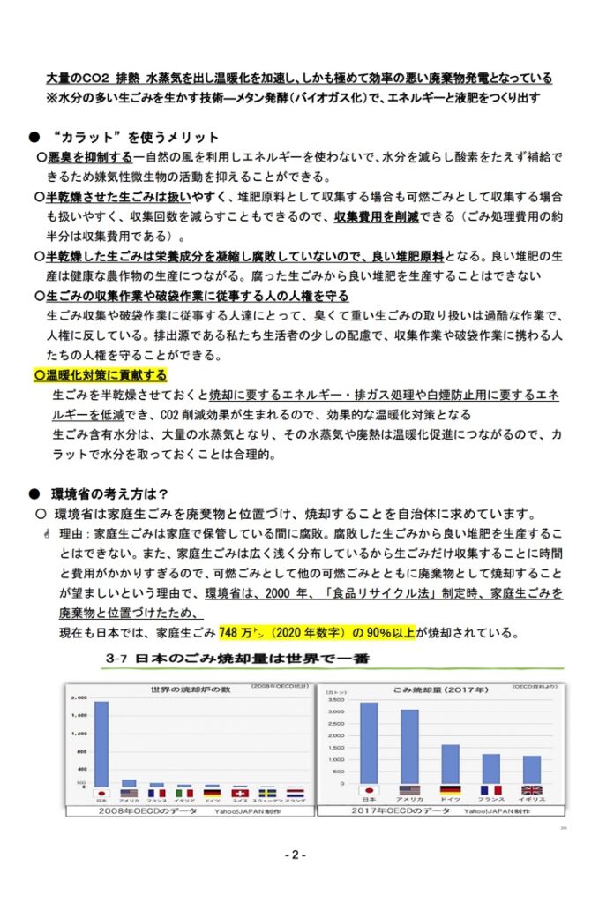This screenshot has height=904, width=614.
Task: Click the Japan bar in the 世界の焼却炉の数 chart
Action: pos(101,743)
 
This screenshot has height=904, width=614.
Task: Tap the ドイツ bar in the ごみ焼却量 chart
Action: pos(450,764)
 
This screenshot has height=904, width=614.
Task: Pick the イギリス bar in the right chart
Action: pos(532,769)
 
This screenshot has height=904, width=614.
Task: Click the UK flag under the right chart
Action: pos(532,790)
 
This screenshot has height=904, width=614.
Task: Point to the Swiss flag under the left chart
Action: pos(240,793)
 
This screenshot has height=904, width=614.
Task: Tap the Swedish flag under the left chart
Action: pos(268,793)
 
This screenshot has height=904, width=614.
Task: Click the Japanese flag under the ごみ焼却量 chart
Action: pos(368,790)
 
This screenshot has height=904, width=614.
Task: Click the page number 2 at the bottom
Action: pos(296,855)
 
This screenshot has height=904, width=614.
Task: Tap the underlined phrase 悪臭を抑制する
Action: pos(88,157)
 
